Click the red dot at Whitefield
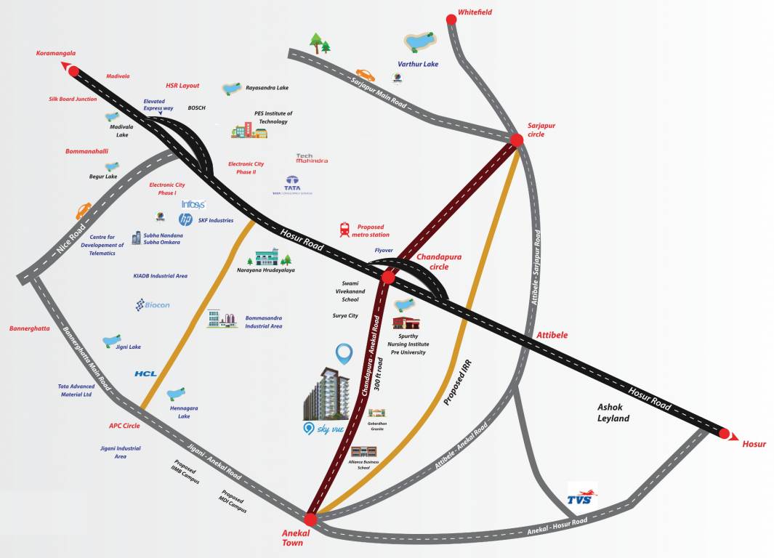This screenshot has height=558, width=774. click(x=451, y=20)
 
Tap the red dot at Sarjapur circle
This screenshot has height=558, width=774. click(x=516, y=139)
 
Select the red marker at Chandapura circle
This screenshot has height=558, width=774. click(x=388, y=277)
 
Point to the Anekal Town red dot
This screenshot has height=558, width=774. click(x=310, y=519)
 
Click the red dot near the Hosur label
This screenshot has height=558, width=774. click(x=724, y=434)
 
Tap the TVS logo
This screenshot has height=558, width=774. click(x=582, y=496)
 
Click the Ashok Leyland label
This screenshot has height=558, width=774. click(x=613, y=413)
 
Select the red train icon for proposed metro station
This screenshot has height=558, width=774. click(x=344, y=230)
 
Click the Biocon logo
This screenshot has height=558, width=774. click(x=153, y=305)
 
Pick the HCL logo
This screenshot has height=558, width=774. click(x=145, y=373)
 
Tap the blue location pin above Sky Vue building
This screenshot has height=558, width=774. click(x=344, y=355)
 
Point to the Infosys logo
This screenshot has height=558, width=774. click(x=193, y=205)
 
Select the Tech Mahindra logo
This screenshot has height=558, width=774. click(x=312, y=158)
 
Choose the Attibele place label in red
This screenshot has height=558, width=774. click(x=552, y=335)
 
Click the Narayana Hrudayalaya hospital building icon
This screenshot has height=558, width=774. click(x=266, y=258)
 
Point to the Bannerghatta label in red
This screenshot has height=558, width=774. click(x=30, y=328)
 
